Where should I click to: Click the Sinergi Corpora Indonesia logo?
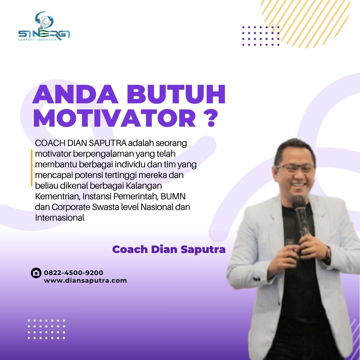point(44,27)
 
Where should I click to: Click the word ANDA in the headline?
point(75,94)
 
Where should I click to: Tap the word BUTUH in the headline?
point(176,94)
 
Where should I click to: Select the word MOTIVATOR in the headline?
point(115,118)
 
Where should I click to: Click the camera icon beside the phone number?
point(36,273)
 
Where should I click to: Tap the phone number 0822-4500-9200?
point(73,273)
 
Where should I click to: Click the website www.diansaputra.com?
point(85,281)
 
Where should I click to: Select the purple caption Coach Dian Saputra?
point(169,249)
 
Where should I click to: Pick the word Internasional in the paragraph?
point(60,218)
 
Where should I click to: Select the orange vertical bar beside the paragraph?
point(32,168)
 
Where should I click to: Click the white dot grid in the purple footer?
point(46,329)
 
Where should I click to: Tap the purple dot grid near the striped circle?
point(261,36)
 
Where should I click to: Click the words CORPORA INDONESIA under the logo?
point(37,40)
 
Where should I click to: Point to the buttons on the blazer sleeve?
point(257,279)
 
